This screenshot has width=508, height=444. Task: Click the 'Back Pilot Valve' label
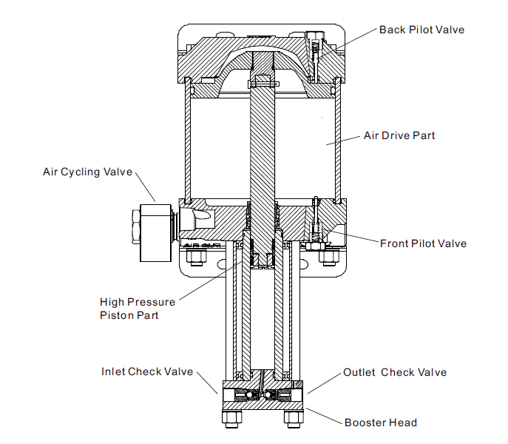point(421,30)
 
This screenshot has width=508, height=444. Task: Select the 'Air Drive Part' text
point(399,135)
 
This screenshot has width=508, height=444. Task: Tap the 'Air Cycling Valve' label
point(87,172)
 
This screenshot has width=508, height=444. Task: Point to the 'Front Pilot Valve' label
point(423,243)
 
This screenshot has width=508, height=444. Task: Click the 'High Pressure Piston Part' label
point(138,309)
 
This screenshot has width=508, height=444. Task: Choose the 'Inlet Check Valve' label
point(147,371)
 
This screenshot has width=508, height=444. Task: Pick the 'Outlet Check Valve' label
point(395,372)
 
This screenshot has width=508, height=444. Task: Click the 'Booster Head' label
point(381,423)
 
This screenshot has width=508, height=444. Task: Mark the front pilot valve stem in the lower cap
point(316,222)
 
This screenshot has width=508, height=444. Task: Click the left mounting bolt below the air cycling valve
point(196,258)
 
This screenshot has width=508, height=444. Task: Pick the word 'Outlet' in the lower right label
point(359,372)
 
